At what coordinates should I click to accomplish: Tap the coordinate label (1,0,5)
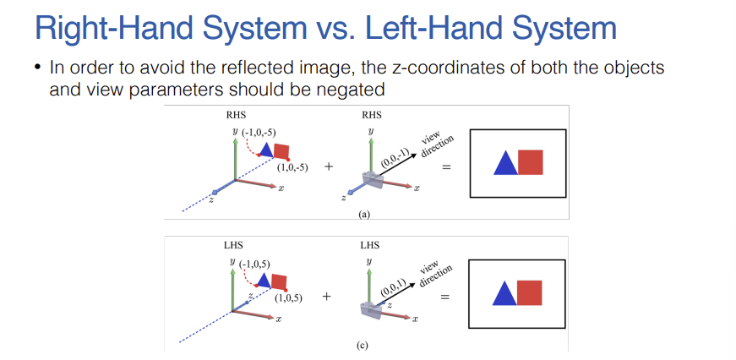[289, 297]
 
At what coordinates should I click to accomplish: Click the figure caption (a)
[364, 215]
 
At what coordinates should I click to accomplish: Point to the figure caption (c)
[364, 346]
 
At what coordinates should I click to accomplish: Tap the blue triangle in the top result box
[505, 162]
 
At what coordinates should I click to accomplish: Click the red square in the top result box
[530, 161]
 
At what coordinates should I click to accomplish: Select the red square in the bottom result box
[529, 292]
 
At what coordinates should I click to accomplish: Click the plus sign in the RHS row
[328, 167]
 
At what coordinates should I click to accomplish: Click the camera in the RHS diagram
[372, 180]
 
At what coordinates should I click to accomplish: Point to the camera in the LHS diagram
[371, 311]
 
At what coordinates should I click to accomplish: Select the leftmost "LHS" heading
[221, 246]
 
